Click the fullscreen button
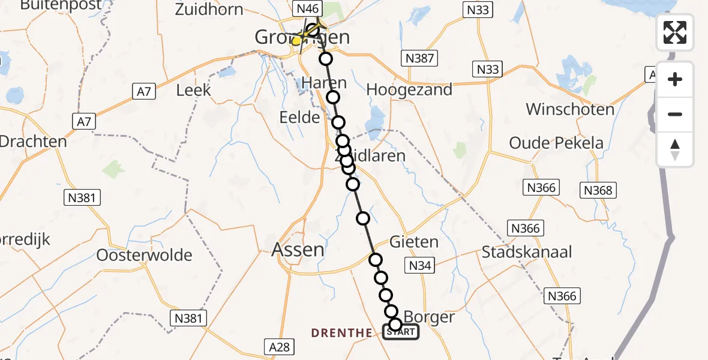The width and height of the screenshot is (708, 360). pos(675,32)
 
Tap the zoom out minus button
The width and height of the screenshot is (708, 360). pos(675,114)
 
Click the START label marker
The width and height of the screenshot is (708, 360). pos(401,332)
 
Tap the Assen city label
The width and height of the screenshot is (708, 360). pos(298,249)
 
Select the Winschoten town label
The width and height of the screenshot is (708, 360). pos(570,109)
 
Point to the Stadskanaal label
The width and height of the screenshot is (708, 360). pos(527,251)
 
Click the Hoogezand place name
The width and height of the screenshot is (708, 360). pos(409,89)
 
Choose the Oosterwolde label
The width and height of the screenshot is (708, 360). pos(145,255)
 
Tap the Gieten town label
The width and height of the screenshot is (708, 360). pos(414,242)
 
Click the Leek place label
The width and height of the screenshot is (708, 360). pos(194,90)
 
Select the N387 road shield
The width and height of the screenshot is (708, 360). pos(419,58)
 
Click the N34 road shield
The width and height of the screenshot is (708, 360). pos(421,265)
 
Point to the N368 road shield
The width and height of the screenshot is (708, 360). pos(598,190)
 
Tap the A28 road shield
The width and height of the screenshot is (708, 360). pos(280,346)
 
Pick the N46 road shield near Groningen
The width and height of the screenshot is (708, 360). pos(308,8)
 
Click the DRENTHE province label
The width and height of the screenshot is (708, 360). pos(342,333)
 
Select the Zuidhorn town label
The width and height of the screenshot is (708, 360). pos(209,9)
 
